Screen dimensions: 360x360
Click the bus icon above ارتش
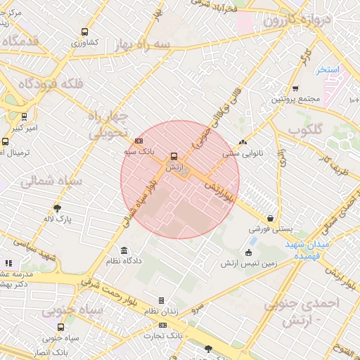pos(174,156)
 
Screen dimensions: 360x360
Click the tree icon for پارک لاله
pos(57,208)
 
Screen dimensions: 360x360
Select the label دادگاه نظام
pos(124,261)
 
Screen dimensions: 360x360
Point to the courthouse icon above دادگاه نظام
pos(124,251)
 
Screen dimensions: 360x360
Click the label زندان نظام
pos(161,310)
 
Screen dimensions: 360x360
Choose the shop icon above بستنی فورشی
pos(270,219)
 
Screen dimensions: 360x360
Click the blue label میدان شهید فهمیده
pos(308,250)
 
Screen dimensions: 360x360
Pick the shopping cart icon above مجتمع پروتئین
pos(295,89)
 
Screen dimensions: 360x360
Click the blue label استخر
pos(328,70)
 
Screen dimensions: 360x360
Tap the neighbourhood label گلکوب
pos(304,131)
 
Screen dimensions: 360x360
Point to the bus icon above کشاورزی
pos(84,32)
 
